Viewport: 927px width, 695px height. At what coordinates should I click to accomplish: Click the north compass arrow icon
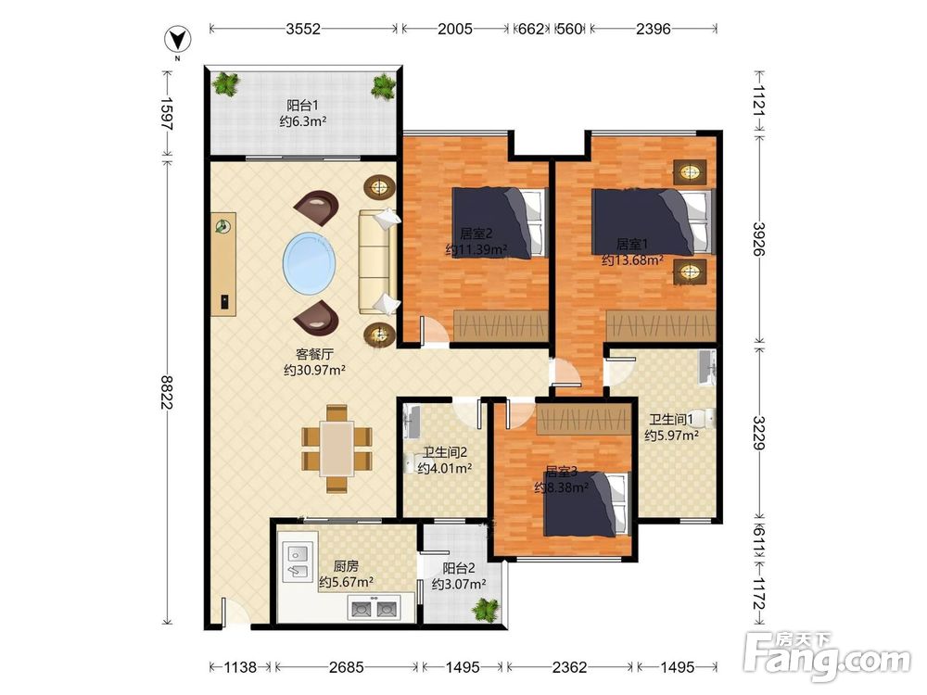177,40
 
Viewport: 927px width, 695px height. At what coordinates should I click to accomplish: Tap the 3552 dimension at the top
303,29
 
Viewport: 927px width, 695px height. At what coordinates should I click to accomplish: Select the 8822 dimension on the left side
167,392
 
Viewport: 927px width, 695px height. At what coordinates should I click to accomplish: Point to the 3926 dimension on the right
759,239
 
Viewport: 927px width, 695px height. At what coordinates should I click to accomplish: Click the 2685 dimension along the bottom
347,667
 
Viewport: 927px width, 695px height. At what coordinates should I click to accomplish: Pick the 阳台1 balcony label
303,106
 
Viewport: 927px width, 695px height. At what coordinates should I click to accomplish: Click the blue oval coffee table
310,262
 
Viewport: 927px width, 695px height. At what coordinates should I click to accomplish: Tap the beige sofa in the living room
378,261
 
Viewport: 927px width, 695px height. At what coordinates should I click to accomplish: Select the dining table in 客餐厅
337,448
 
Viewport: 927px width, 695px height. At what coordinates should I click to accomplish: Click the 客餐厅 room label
314,354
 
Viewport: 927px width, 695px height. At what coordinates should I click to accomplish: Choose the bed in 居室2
501,222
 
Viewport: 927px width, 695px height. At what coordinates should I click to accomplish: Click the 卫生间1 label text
671,420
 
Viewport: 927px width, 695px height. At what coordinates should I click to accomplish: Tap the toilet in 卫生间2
411,463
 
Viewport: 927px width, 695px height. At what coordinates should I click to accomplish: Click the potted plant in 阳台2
487,610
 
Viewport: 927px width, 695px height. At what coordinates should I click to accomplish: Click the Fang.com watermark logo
828,655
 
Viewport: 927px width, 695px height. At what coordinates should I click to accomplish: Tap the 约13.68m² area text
632,259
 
